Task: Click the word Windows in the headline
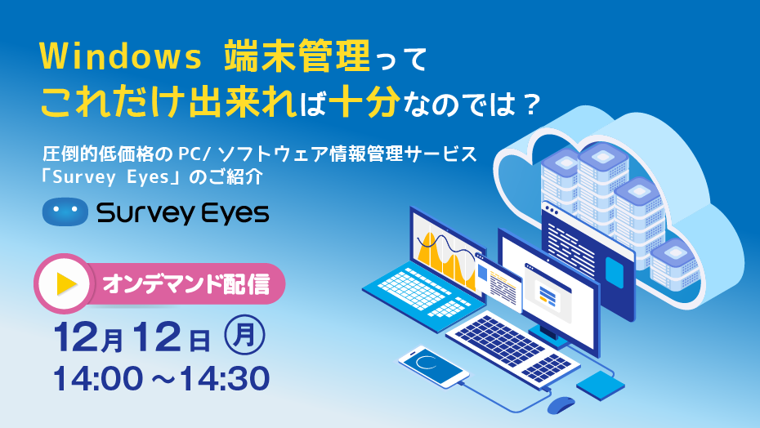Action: (121, 56)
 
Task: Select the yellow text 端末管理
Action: (297, 56)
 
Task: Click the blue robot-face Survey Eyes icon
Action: (65, 212)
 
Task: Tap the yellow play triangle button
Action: (67, 284)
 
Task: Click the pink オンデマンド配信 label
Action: (186, 284)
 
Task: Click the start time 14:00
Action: (98, 379)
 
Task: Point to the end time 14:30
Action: (224, 379)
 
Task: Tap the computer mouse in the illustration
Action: (561, 405)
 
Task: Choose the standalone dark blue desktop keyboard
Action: (513, 346)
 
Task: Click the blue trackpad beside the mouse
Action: (601, 386)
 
